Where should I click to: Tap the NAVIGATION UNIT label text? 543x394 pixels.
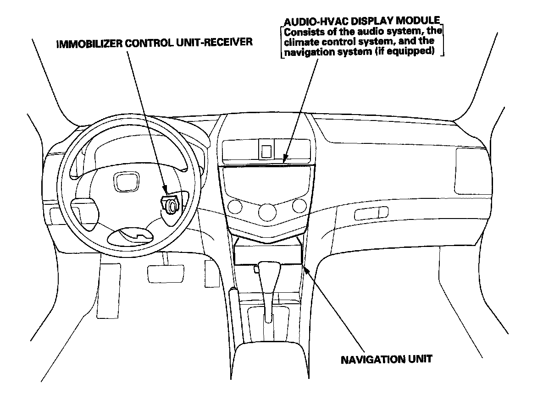386,359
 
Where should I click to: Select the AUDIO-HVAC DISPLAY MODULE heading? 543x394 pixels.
362,22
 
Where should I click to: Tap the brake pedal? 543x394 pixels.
159,273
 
